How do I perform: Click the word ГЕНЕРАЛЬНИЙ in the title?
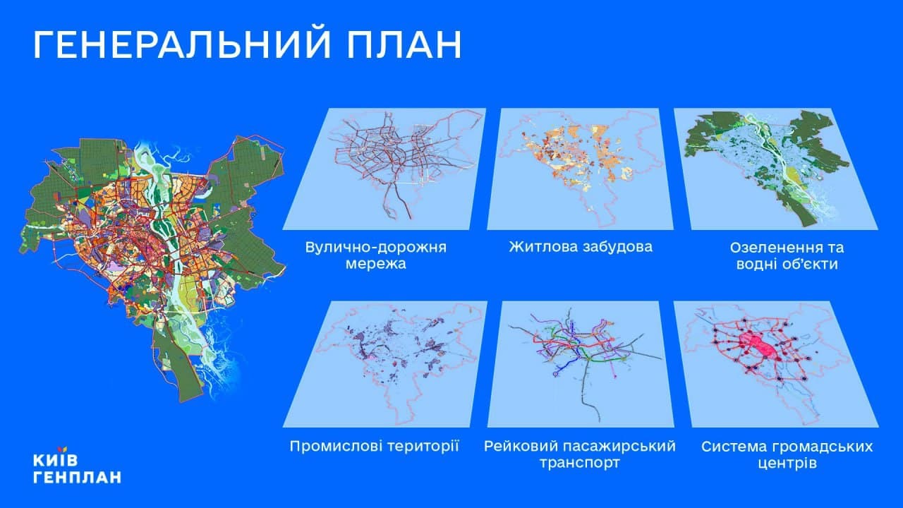tap(182, 44)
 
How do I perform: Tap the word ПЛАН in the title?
tap(404, 44)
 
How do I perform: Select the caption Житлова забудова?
tap(581, 247)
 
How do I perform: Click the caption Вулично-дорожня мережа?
tap(376, 255)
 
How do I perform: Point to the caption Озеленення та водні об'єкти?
tap(787, 255)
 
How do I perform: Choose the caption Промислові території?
tap(374, 447)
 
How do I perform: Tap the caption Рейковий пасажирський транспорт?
tap(580, 454)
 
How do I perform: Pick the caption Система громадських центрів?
tap(787, 455)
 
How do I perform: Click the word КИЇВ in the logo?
tap(55, 461)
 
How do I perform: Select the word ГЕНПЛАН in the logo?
tap(77, 478)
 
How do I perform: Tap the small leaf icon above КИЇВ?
tap(62, 449)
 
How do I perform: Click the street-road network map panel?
tap(384, 169)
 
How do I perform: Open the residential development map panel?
tap(580, 169)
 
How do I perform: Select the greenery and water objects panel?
tap(776, 169)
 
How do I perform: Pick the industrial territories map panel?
tap(385, 364)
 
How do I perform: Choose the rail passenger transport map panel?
tap(581, 364)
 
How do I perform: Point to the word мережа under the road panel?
tap(376, 264)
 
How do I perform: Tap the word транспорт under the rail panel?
tap(580, 464)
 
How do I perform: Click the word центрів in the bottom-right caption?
tap(787, 464)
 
